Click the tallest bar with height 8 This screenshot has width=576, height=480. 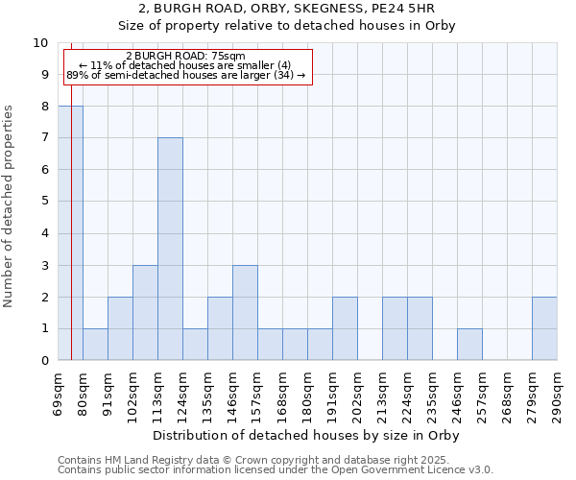click(71, 233)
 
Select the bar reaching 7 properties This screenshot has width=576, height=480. click(170, 249)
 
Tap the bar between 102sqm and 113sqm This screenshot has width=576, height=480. click(145, 312)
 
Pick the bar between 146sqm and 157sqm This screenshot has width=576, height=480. click(245, 312)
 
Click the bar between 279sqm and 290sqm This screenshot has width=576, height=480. click(544, 328)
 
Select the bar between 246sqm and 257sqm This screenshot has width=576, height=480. click(469, 344)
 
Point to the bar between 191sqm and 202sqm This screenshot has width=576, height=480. click(345, 328)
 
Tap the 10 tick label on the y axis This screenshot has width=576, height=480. click(39, 43)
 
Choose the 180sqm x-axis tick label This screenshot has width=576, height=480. click(308, 394)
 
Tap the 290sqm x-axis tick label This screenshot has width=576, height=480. click(558, 394)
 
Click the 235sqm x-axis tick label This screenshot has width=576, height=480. click(433, 394)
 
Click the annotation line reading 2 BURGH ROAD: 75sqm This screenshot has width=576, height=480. click(185, 56)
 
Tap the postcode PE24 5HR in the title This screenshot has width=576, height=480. click(407, 10)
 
